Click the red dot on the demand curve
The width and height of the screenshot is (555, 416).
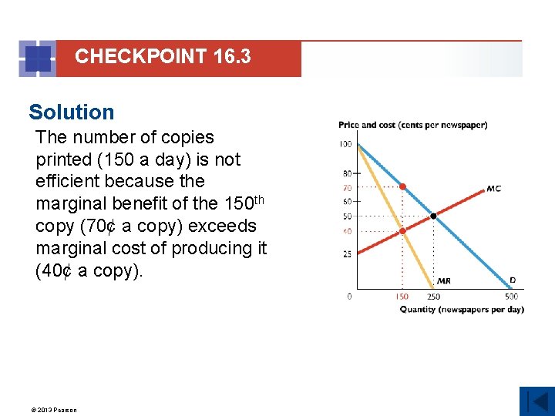[x=402, y=186]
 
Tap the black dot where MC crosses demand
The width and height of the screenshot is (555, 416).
[x=433, y=216]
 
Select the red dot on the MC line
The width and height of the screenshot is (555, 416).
[x=402, y=230]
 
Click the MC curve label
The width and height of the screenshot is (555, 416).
[x=494, y=189]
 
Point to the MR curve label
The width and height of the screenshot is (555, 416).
[x=444, y=281]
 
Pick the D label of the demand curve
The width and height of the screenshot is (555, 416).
[x=512, y=281]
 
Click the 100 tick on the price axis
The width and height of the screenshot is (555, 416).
[x=345, y=144]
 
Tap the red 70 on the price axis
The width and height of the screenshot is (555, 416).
[x=347, y=187]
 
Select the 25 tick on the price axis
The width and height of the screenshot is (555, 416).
[x=347, y=253]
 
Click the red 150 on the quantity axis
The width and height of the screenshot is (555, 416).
[x=402, y=297]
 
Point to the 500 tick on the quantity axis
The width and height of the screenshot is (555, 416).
[x=511, y=297]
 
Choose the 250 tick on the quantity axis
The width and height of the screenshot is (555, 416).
[x=434, y=297]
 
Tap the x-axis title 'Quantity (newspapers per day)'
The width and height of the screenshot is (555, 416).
[x=461, y=310]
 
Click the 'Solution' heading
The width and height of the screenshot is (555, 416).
[x=71, y=112]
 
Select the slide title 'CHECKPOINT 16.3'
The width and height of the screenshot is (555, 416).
[x=163, y=56]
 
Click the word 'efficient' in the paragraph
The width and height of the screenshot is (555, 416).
[x=69, y=181]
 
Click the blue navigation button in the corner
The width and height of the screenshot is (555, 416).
[x=536, y=401]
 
